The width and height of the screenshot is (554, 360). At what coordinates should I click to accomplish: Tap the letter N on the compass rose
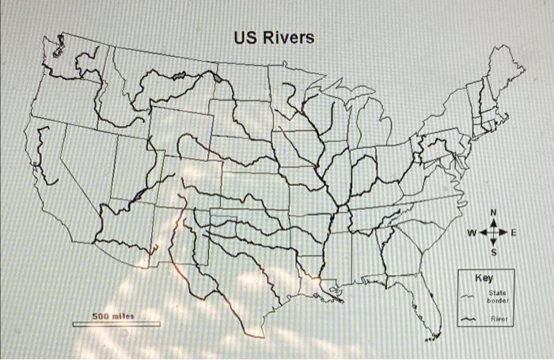point(494,213)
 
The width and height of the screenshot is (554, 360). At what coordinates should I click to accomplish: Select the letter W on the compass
point(472,233)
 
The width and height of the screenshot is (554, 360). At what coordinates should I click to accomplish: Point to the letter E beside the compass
point(514,233)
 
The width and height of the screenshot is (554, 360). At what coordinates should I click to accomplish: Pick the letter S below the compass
point(494,254)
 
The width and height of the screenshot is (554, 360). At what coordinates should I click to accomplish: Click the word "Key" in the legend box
point(484,279)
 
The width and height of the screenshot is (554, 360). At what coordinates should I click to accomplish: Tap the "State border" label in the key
point(498,297)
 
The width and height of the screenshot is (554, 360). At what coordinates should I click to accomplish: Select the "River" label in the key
point(498,320)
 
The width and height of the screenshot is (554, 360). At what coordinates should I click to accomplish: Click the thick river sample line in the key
point(469,320)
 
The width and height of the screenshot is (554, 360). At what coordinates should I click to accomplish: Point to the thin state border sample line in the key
point(469,297)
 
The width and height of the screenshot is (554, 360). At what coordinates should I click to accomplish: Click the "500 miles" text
point(113,316)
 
